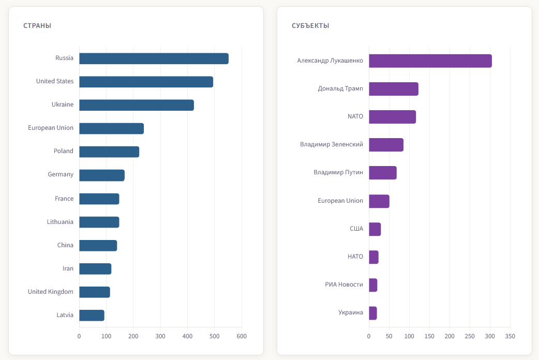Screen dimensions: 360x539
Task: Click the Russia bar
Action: click(x=154, y=58)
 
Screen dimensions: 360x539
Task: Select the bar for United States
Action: click(x=146, y=82)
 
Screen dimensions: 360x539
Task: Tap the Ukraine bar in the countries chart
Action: click(x=137, y=105)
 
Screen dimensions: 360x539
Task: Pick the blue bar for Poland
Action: click(x=109, y=152)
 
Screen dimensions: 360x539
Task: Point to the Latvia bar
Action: click(x=92, y=315)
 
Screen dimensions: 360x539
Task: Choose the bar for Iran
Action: click(x=95, y=269)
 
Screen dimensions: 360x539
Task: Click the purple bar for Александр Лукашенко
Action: click(x=430, y=61)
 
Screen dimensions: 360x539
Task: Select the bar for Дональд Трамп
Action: click(x=394, y=89)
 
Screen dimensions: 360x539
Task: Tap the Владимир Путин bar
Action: click(x=383, y=173)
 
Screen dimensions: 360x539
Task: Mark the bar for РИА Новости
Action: click(x=373, y=285)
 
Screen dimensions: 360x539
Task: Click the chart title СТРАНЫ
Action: click(x=37, y=25)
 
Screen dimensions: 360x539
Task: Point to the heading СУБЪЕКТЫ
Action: click(x=310, y=25)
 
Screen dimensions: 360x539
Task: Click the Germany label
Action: click(x=61, y=175)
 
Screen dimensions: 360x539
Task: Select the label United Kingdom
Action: click(x=51, y=292)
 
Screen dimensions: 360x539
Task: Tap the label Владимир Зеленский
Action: click(x=332, y=144)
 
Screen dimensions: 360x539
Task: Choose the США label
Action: click(x=356, y=229)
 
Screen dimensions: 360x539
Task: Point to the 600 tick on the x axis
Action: click(x=242, y=336)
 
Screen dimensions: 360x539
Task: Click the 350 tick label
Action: click(x=510, y=336)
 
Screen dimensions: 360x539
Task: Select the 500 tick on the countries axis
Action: click(x=215, y=336)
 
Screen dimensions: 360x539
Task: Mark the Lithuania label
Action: click(x=60, y=222)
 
